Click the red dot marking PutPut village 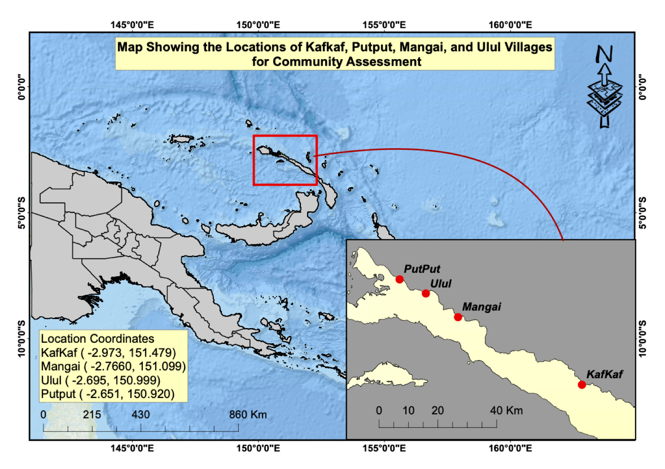[399, 279]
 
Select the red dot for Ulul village [426, 294]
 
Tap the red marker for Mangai [458, 317]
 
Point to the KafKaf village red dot [581, 385]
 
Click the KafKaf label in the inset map [604, 374]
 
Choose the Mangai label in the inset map [481, 307]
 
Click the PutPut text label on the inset [422, 269]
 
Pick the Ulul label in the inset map [440, 284]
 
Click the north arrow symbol [604, 86]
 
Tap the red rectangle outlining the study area [285, 136]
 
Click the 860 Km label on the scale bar [248, 415]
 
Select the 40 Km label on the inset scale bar [506, 410]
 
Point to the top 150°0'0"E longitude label [258, 25]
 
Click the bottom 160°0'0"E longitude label [510, 448]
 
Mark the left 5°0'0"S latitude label [21, 213]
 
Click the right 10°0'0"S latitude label [642, 338]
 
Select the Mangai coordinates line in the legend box [113, 367]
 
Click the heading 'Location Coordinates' [97, 338]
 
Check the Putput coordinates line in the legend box [108, 394]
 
